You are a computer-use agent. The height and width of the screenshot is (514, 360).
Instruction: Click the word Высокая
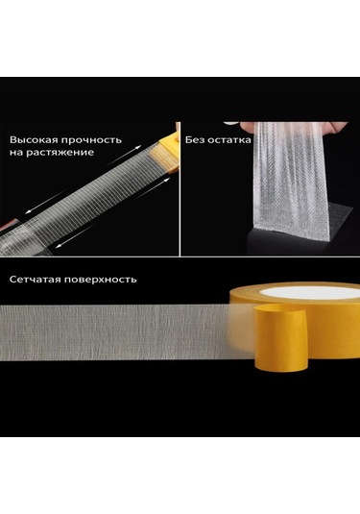coord(35,137)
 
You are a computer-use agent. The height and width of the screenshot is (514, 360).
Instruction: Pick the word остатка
coord(230,137)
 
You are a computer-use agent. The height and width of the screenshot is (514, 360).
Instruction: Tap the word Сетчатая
coord(42,280)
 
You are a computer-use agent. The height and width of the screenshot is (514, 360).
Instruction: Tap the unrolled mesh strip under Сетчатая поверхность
coord(115,327)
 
